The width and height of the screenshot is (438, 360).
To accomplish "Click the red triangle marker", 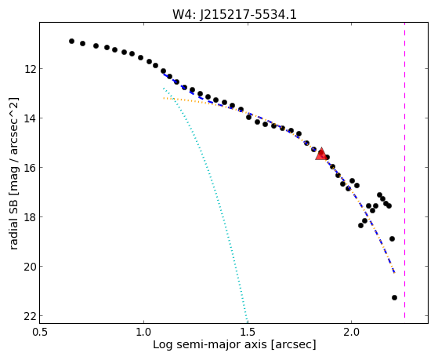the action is click(x=321, y=154).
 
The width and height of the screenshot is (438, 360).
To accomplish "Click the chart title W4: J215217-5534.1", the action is click(x=234, y=14).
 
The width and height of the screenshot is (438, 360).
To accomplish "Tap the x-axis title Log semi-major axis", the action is click(x=209, y=344).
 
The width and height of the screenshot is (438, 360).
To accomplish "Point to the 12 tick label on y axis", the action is click(x=30, y=69).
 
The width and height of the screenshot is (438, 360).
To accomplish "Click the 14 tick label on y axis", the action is click(x=30, y=118).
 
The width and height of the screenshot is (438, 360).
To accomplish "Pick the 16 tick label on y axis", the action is click(x=30, y=168).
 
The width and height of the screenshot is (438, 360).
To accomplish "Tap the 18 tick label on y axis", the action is click(x=30, y=217).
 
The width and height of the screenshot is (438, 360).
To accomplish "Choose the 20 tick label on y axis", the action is click(x=30, y=267).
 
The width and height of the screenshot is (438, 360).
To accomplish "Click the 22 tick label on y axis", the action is click(x=30, y=316).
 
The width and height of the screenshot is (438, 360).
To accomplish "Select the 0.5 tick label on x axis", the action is click(x=40, y=332).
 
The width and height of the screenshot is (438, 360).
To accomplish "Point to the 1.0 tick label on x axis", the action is click(x=143, y=332).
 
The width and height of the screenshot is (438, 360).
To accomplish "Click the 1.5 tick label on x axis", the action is click(x=248, y=332).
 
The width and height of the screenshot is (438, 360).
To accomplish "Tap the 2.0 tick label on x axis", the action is click(x=352, y=332).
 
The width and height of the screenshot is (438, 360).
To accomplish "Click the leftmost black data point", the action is click(x=71, y=41).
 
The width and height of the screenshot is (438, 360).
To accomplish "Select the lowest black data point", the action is click(x=394, y=297).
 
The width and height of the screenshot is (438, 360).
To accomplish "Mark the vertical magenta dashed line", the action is click(x=404, y=171).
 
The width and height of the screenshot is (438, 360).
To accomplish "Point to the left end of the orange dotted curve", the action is click(x=164, y=98).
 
